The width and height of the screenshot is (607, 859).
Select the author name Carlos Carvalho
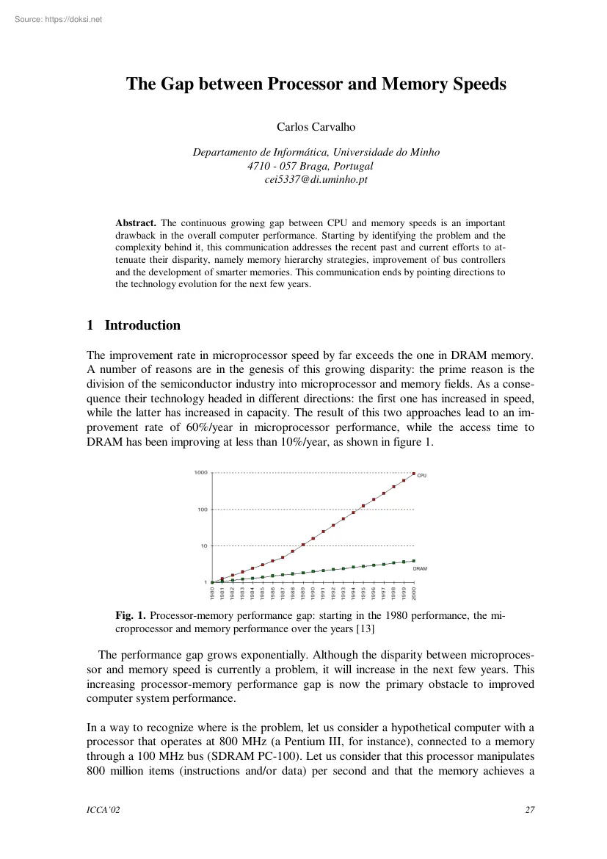316,127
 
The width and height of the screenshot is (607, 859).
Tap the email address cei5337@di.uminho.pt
316,179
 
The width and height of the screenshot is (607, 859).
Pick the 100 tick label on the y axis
203,510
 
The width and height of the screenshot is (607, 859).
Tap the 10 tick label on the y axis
204,546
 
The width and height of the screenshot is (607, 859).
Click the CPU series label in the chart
421,476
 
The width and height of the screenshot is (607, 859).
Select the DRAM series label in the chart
420,569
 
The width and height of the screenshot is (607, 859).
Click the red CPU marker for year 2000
414,474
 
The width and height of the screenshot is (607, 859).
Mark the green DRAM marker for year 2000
414,561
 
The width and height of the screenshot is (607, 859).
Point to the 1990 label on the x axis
313,592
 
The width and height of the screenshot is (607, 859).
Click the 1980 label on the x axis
212,592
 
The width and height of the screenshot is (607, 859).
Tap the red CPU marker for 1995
363,506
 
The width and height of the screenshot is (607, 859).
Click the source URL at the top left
51,19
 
